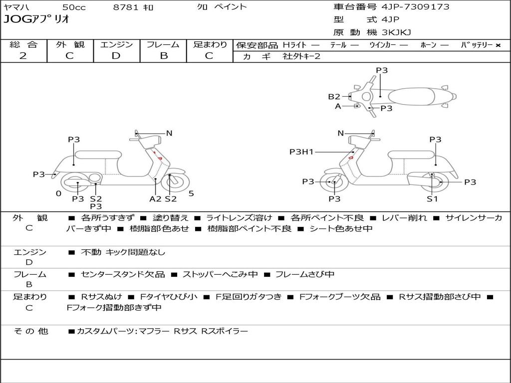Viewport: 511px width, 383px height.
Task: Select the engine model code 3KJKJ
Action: [x=396, y=33]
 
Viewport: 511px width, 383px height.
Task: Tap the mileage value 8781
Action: [x=126, y=7]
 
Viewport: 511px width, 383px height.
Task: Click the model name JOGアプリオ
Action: [x=36, y=19]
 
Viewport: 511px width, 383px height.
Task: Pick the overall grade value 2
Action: [x=23, y=56]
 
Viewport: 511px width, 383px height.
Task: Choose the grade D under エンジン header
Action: [x=116, y=56]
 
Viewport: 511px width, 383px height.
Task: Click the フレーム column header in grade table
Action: [x=163, y=44]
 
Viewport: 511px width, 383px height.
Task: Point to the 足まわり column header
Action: [x=210, y=44]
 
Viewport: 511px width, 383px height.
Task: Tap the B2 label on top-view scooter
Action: [x=334, y=97]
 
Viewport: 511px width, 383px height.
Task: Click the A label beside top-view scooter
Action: [x=338, y=106]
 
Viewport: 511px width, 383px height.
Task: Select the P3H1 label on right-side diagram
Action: [x=301, y=152]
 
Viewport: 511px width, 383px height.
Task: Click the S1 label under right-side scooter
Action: [x=432, y=199]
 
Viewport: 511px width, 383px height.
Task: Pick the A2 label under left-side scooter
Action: [x=155, y=199]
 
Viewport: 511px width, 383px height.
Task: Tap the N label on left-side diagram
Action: [x=169, y=133]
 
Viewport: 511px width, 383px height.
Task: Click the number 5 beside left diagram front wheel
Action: [x=191, y=193]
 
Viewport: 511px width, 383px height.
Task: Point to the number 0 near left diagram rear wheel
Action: [x=58, y=193]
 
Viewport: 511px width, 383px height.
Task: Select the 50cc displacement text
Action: [x=73, y=7]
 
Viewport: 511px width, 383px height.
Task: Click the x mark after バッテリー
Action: [x=498, y=45]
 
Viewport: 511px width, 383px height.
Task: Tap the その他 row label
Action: [x=30, y=331]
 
